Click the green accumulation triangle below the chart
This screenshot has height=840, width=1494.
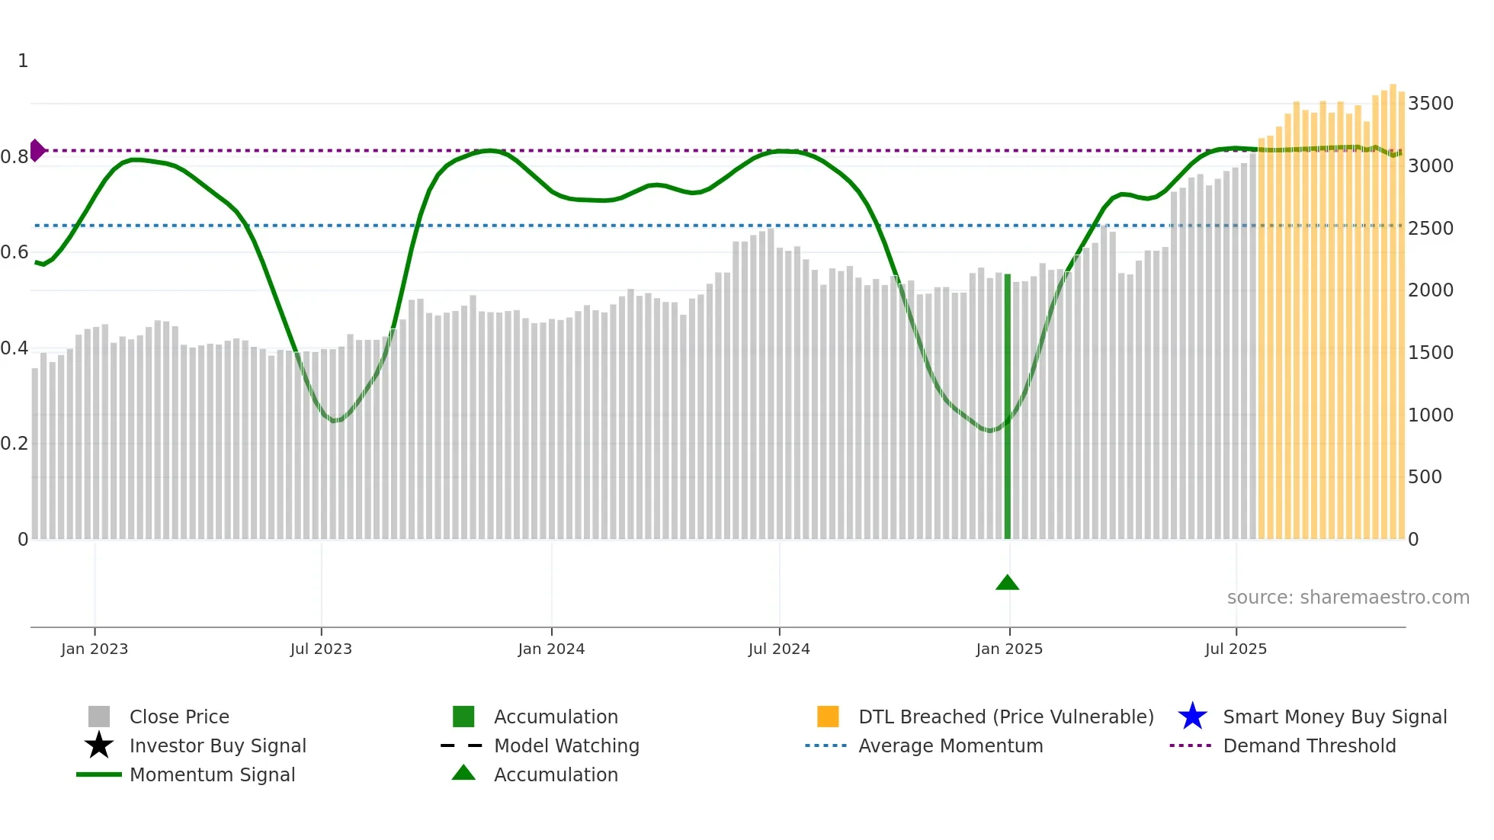click(1007, 583)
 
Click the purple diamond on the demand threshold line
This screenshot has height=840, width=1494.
click(37, 150)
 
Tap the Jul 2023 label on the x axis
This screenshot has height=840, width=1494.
click(321, 649)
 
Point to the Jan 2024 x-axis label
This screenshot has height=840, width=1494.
click(551, 649)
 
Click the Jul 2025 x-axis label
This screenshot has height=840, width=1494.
click(1236, 649)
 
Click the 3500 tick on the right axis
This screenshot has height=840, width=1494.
click(1430, 103)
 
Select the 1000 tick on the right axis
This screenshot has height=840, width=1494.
click(1430, 415)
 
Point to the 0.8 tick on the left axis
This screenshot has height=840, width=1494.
click(14, 157)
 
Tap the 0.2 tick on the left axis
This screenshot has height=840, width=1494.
click(14, 444)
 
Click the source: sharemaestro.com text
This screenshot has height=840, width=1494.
click(1348, 597)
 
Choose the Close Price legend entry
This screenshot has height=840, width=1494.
click(179, 717)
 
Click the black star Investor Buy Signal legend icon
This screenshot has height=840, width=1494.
click(99, 745)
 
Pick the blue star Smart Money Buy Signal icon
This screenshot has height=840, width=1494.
click(1192, 717)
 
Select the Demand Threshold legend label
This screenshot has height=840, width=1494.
click(1309, 745)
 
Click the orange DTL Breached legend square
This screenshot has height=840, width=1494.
click(828, 717)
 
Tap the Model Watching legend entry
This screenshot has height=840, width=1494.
click(566, 745)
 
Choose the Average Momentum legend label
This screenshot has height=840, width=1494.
click(951, 745)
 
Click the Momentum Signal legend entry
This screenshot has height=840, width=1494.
click(212, 774)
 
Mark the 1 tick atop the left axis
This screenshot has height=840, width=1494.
click(23, 61)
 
